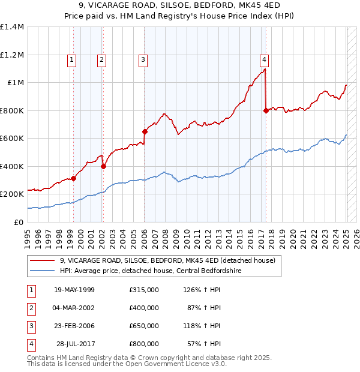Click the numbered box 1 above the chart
click(x=71, y=59)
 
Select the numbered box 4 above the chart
click(x=264, y=59)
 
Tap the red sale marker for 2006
click(x=145, y=131)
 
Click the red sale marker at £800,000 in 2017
click(x=266, y=110)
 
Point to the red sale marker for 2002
click(x=103, y=166)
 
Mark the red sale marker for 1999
click(x=74, y=178)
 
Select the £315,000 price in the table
click(x=143, y=290)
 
